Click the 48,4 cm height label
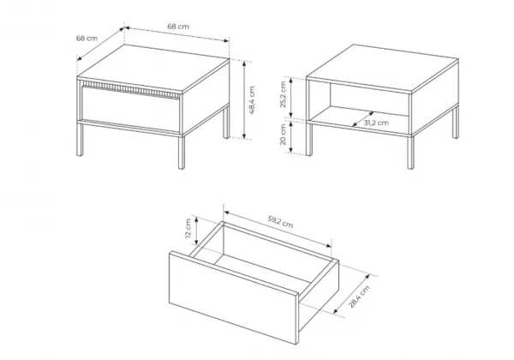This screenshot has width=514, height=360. click(252, 100)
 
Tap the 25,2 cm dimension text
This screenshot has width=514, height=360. click(284, 94)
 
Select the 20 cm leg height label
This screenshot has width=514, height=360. click(284, 135)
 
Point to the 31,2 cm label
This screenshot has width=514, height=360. click(376, 123)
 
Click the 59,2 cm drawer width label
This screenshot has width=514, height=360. click(281, 222)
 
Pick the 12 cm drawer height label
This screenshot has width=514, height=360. click(188, 228)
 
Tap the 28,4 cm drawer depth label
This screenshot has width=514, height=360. click(359, 297)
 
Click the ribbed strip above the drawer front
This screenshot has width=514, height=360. click(130, 89)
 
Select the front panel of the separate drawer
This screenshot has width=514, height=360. click(233, 297)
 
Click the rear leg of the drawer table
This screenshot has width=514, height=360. click(226, 123)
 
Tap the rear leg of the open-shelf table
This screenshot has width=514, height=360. click(456, 123)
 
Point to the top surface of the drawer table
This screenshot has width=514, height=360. click(153, 68)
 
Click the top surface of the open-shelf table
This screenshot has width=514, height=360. click(382, 68)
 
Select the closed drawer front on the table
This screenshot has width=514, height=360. click(131, 109)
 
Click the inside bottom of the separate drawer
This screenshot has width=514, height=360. click(262, 269)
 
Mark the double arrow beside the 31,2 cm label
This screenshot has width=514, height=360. click(363, 119)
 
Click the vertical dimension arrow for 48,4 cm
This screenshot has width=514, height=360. click(244, 99)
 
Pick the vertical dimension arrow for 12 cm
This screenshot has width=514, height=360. click(196, 231)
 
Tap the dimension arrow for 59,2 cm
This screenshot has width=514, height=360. click(278, 230)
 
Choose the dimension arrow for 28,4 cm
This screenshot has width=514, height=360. click(351, 294)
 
